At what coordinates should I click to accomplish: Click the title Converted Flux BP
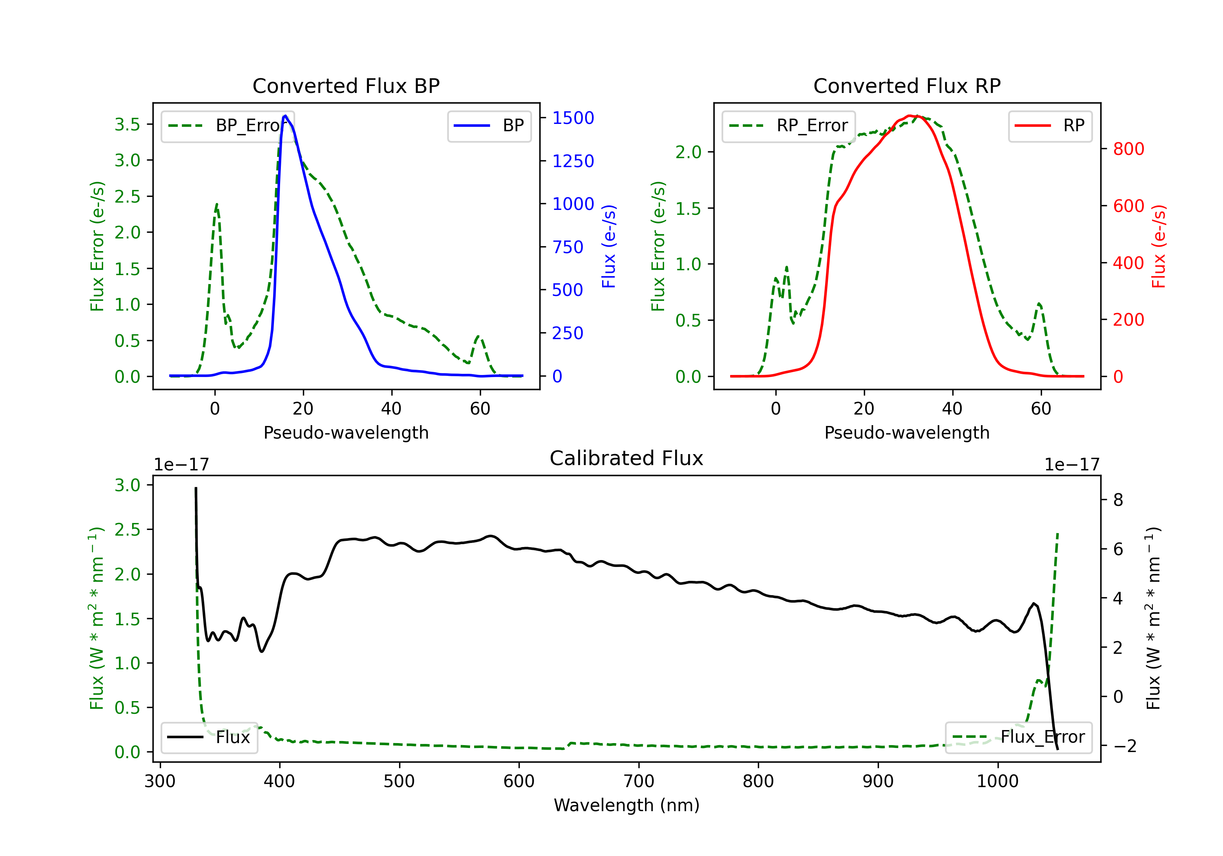click(x=346, y=86)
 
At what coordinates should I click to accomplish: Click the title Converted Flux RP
click(x=907, y=86)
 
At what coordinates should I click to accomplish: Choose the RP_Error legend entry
click(x=789, y=126)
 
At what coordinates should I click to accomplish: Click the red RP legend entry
click(x=1050, y=126)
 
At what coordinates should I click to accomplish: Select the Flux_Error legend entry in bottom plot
click(x=1018, y=737)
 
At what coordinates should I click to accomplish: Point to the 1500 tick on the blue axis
click(x=573, y=118)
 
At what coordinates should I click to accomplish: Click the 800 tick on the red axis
click(x=1128, y=149)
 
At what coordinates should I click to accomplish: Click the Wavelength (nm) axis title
click(x=627, y=805)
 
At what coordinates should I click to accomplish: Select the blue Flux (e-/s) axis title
click(x=609, y=246)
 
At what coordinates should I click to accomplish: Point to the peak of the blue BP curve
click(x=285, y=116)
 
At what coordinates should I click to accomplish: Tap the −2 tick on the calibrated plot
click(x=1124, y=746)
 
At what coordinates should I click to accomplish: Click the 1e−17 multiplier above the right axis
click(x=1072, y=465)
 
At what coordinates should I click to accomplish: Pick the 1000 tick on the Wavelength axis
click(x=997, y=781)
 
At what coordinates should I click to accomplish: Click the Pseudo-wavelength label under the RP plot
click(x=907, y=432)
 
